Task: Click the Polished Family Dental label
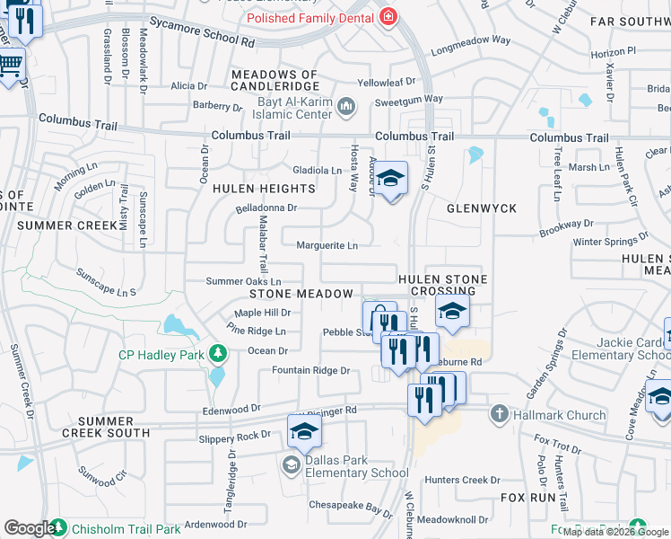(309, 17)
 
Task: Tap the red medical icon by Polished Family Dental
(388, 16)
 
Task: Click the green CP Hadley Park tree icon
(216, 353)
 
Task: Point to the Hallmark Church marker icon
(500, 413)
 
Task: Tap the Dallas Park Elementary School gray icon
(291, 464)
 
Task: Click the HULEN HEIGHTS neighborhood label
(264, 189)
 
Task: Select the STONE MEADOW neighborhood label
(301, 294)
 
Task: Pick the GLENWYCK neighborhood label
(482, 208)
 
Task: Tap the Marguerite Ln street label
(327, 245)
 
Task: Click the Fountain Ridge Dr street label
(310, 371)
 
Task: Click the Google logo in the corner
(29, 528)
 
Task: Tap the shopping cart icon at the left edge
(10, 66)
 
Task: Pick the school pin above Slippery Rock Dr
(304, 434)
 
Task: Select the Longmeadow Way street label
(470, 40)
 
